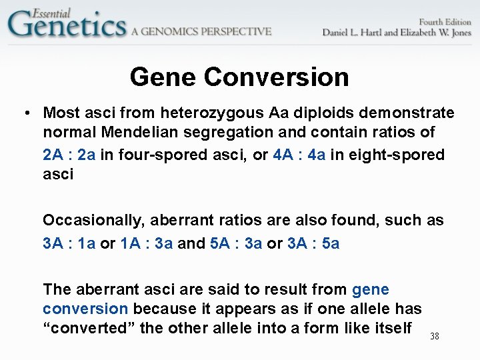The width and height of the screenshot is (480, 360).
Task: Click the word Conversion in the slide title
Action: tap(277, 77)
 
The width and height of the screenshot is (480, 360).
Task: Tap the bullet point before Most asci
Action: tap(25, 113)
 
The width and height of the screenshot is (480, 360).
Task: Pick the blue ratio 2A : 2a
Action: tap(69, 155)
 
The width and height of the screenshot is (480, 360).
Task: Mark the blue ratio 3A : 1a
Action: tap(69, 243)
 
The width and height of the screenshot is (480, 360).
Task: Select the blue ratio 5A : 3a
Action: tap(236, 243)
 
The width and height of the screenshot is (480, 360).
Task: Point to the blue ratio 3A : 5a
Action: tap(313, 243)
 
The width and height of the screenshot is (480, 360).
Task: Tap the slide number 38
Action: tap(434, 337)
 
